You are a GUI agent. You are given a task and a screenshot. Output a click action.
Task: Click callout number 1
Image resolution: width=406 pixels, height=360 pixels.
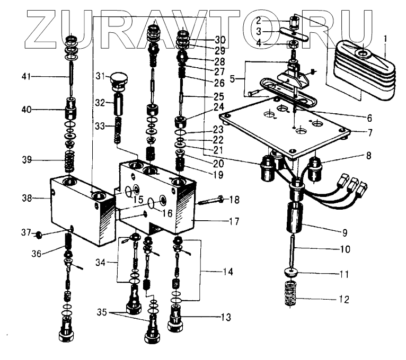[x=385, y=39]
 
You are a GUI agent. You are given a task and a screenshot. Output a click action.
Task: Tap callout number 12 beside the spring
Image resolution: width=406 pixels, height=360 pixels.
[x=345, y=300]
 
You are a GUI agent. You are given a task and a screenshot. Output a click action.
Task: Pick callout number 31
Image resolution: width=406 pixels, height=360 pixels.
[x=100, y=77]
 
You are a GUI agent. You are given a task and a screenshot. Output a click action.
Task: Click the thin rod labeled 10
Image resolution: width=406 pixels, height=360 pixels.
[x=293, y=254]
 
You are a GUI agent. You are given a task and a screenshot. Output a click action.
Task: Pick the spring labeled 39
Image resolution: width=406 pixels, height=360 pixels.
[x=69, y=160]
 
